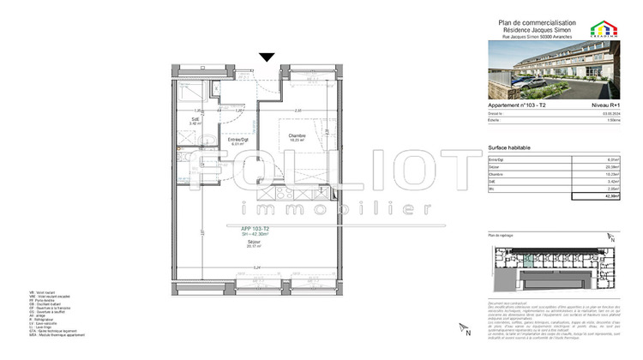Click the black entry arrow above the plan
click(x=267, y=57)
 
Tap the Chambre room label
click(x=297, y=135)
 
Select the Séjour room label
click(x=253, y=241)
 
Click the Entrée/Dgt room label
click(x=237, y=139)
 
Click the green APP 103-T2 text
click(x=253, y=229)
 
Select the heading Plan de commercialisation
click(x=537, y=22)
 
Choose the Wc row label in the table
click(x=491, y=189)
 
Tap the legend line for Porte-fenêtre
click(x=44, y=300)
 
